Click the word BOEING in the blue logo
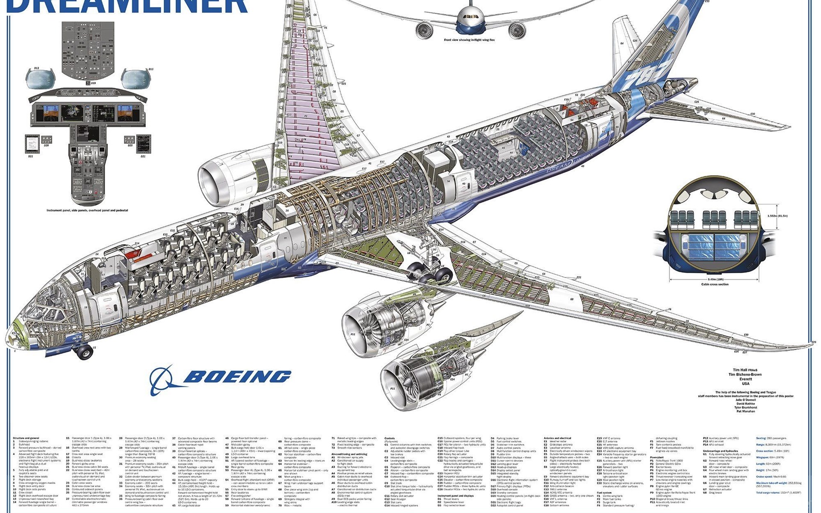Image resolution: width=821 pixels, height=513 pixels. pyautogui.click(x=237, y=377)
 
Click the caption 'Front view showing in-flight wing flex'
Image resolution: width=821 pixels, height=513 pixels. pyautogui.click(x=469, y=40)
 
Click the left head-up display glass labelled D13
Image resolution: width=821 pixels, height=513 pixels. pyautogui.click(x=39, y=78)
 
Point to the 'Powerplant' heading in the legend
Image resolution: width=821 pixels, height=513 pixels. pyautogui.click(x=657, y=457)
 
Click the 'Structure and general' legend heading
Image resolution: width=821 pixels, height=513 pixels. pyautogui.click(x=25, y=438)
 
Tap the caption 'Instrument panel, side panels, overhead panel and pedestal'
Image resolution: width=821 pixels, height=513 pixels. pyautogui.click(x=87, y=210)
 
